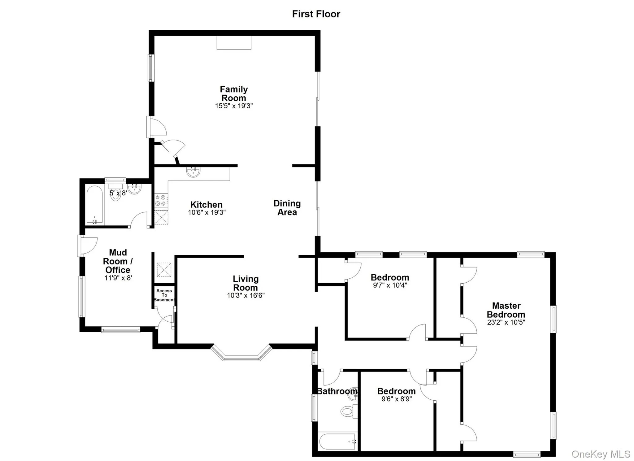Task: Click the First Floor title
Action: pyautogui.click(x=316, y=14)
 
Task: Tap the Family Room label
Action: pyautogui.click(x=234, y=94)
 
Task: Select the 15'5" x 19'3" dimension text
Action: pyautogui.click(x=234, y=106)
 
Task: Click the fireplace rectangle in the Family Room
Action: pyautogui.click(x=234, y=43)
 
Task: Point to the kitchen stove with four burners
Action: pyautogui.click(x=161, y=200)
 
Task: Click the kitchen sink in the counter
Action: pyautogui.click(x=193, y=172)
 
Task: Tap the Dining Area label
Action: pyautogui.click(x=287, y=208)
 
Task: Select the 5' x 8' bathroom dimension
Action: pyautogui.click(x=118, y=193)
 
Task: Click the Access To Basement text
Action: pyautogui.click(x=164, y=295)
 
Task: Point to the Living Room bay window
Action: pyautogui.click(x=241, y=355)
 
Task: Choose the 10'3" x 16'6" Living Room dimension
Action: pyautogui.click(x=245, y=295)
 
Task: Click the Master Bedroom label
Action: pyautogui.click(x=506, y=310)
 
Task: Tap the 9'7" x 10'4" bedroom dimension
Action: pyautogui.click(x=390, y=285)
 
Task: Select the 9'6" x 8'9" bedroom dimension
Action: pyautogui.click(x=396, y=399)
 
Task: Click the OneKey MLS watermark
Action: pyautogui.click(x=601, y=454)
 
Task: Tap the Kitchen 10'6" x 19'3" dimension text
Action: pyautogui.click(x=206, y=212)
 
